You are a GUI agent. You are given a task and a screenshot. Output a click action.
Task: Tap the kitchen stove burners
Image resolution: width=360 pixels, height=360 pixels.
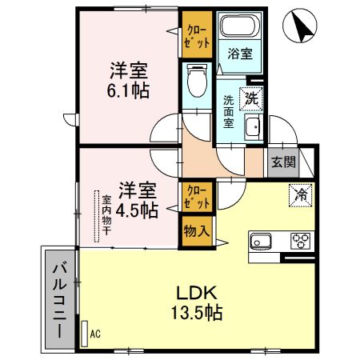tap(300, 239)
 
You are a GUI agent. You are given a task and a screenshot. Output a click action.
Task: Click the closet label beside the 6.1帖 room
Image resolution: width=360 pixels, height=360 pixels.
tap(195, 34)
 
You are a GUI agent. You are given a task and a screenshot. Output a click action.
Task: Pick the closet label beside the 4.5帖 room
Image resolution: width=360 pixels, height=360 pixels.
tap(195, 197)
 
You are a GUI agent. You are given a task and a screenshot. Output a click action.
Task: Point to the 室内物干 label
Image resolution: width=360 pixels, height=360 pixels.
tap(105, 216)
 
